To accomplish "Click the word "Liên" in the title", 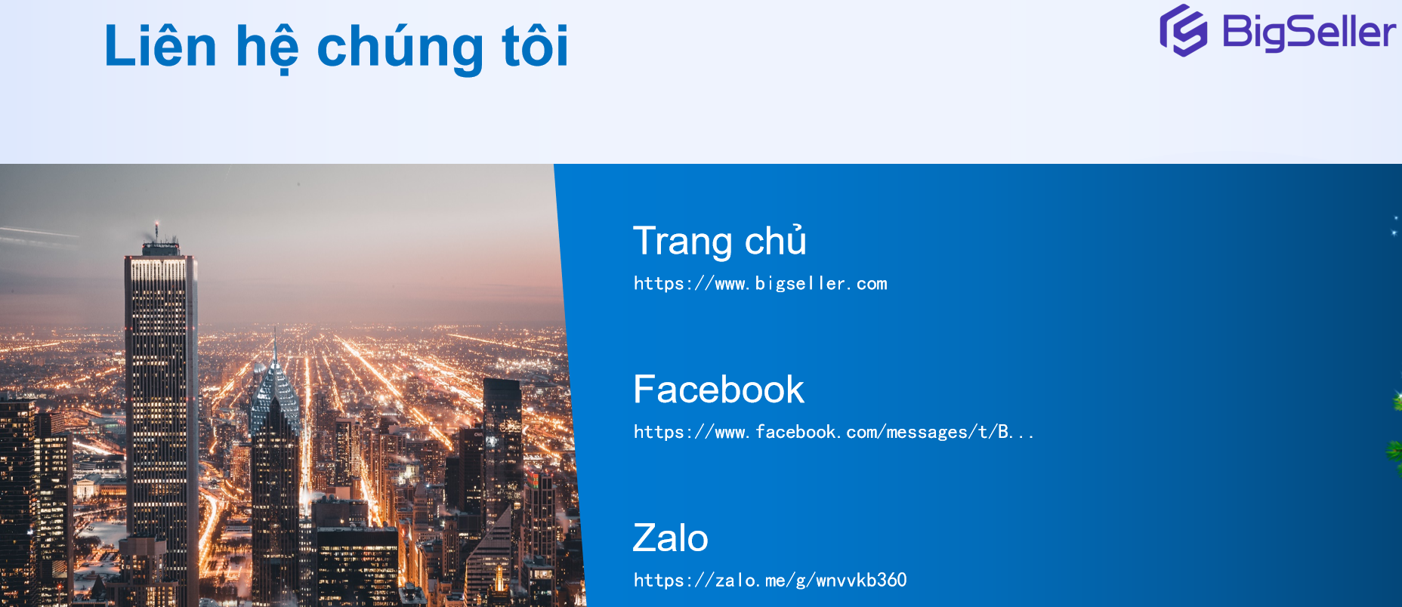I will (x=160, y=46).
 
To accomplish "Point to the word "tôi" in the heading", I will (x=535, y=46).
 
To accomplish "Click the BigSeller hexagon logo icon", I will (x=1184, y=31).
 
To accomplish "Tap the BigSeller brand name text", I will (x=1308, y=32).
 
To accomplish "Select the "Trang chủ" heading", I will (x=719, y=241).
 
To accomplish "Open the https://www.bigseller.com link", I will (x=760, y=284).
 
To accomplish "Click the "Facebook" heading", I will (x=718, y=390).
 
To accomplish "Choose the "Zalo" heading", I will (x=670, y=538).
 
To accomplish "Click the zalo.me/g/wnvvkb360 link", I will (x=770, y=580).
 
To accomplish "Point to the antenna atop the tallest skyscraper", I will (x=157, y=230).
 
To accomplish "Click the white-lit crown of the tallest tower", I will (x=159, y=269).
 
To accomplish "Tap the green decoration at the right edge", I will (x=1396, y=438).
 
